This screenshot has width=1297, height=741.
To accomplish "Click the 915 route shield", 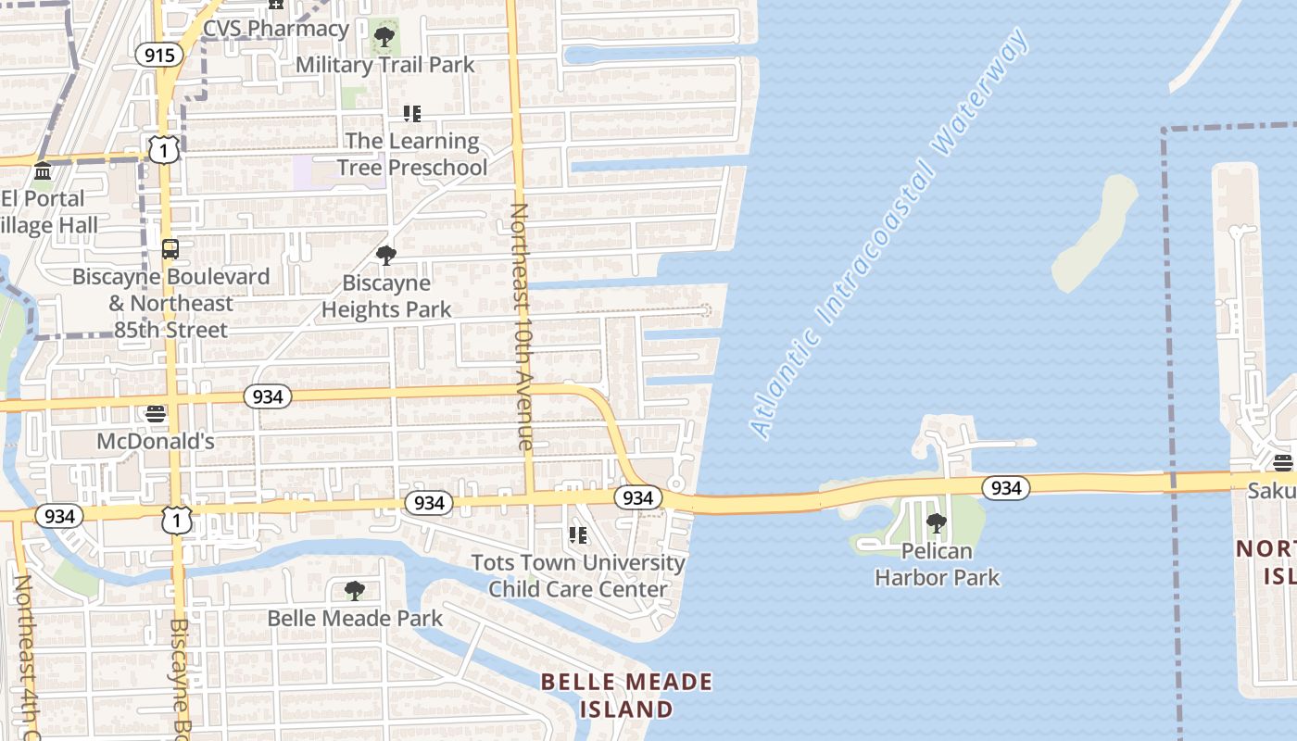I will [x=159, y=56].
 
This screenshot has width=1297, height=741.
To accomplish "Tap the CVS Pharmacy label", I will [x=275, y=28].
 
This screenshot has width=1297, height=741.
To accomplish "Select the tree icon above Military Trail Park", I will [x=384, y=38].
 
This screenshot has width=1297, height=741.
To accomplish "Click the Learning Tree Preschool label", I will [x=412, y=154].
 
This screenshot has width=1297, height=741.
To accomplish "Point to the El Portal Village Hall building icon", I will [x=43, y=171].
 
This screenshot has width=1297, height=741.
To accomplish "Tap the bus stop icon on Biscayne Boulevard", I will [x=170, y=248].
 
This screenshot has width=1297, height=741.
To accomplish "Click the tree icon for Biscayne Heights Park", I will [x=386, y=255].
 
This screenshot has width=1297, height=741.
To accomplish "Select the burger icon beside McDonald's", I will [x=156, y=413].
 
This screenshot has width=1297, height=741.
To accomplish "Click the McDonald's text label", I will [x=156, y=441].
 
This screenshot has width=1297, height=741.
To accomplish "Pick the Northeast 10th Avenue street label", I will [x=521, y=326].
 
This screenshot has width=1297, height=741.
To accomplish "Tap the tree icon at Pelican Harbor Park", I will [x=937, y=523].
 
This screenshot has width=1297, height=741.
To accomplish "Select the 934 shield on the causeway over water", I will [x=1005, y=487].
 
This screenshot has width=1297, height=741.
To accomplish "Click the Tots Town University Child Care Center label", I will [x=578, y=575].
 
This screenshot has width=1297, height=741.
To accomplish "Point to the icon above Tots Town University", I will [x=578, y=534].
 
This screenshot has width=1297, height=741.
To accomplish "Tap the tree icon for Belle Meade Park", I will [x=354, y=590].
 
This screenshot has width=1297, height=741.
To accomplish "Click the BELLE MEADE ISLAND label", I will [x=627, y=696].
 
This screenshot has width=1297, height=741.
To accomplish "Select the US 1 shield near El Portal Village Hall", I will [x=164, y=149].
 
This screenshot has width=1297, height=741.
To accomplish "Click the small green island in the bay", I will [x=1094, y=232].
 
